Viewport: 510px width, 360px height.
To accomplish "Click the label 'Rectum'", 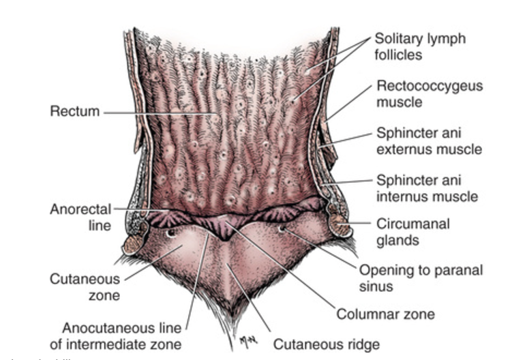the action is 75,111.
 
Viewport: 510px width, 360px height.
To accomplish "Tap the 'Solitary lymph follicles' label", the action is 419,46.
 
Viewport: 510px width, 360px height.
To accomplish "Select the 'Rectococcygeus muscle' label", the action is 429,94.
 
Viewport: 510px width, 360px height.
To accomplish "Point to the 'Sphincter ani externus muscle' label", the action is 429,140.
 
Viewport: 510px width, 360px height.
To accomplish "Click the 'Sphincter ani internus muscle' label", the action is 427,189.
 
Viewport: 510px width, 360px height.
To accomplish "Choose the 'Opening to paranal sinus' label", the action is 421,277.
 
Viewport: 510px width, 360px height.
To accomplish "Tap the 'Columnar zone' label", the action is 385,314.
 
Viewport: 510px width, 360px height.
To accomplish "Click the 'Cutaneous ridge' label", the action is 326,344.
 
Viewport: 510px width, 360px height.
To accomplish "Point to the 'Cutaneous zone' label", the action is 85,286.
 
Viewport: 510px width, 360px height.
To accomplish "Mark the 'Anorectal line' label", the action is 80,217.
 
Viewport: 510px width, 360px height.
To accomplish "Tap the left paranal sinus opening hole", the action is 170,232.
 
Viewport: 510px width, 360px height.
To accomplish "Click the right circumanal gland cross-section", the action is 340,223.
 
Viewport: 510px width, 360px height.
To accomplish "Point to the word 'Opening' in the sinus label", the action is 382,270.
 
